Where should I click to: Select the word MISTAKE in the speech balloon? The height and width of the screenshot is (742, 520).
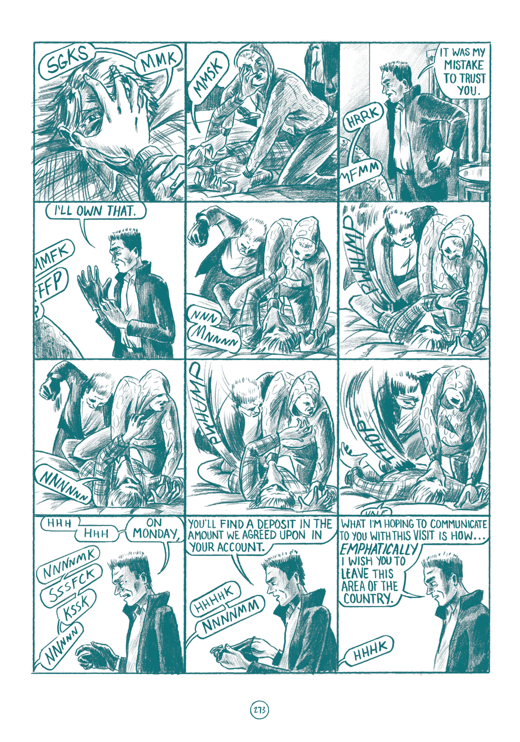coord(464,65)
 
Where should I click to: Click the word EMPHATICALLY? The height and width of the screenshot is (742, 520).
coord(379,549)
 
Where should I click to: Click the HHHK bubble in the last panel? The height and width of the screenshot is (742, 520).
coord(370,647)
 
